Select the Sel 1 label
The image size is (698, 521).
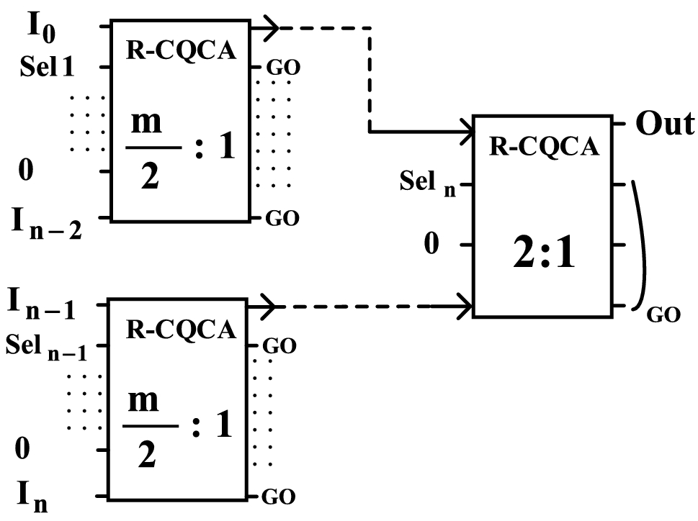click(47, 67)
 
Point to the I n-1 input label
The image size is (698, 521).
click(42, 304)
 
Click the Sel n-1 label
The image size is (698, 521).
click(46, 348)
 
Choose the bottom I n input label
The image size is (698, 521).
click(32, 498)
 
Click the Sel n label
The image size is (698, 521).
click(427, 182)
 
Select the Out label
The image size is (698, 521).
click(665, 123)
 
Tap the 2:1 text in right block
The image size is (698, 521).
click(544, 252)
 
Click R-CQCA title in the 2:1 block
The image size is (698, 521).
click(544, 146)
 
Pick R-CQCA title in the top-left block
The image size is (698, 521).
click(181, 50)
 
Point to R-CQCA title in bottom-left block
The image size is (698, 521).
click(181, 330)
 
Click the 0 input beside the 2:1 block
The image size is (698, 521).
click(431, 243)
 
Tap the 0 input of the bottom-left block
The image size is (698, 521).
click(22, 448)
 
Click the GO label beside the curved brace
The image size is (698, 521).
click(663, 315)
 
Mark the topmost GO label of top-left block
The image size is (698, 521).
click(283, 68)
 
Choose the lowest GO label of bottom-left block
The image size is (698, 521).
click(279, 497)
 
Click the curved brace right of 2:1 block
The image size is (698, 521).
click(643, 245)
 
